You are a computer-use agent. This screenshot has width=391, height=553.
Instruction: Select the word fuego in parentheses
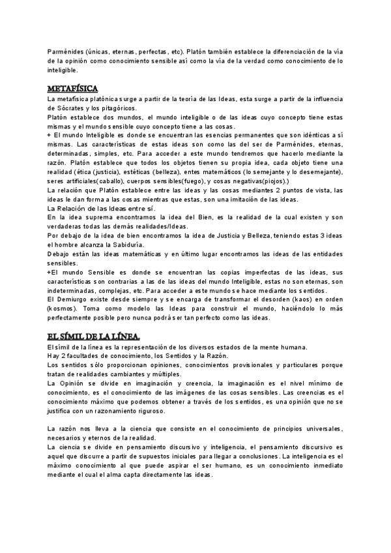190,181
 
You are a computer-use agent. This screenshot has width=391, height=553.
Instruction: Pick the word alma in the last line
138,474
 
